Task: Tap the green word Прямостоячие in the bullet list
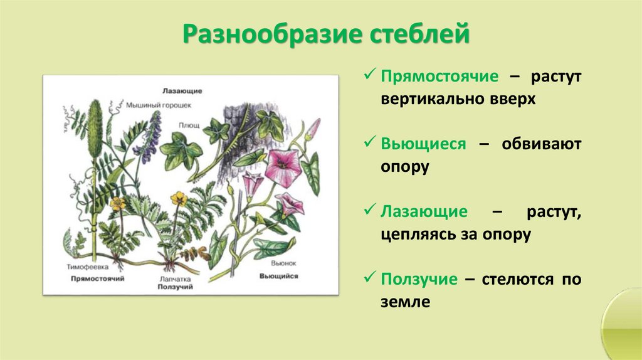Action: (439, 77)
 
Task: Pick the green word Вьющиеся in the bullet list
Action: (423, 144)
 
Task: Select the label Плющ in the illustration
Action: (191, 125)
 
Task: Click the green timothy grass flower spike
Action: (96, 125)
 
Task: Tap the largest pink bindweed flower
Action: (283, 167)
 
